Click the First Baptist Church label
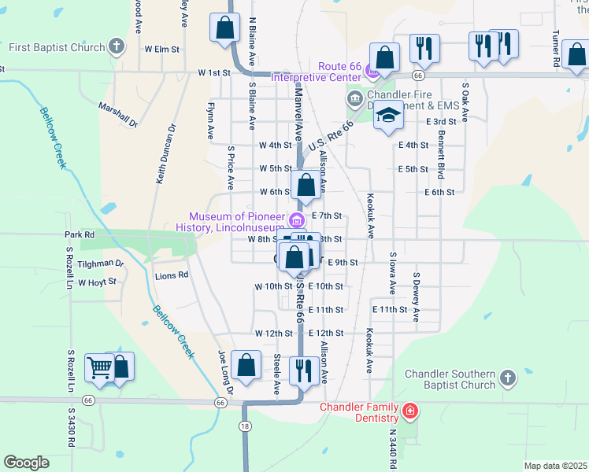(x=57, y=47)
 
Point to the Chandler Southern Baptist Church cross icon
(x=508, y=378)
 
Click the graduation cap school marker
(x=387, y=116)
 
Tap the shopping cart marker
(x=99, y=367)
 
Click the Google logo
(x=26, y=463)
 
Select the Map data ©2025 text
(x=556, y=466)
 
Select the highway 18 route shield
(x=246, y=425)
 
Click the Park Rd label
(x=80, y=234)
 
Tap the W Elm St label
(x=162, y=49)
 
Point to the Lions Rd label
(x=172, y=275)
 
